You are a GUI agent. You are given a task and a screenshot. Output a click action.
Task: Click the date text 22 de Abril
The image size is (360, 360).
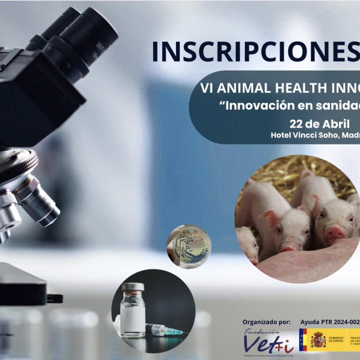pos(319,124)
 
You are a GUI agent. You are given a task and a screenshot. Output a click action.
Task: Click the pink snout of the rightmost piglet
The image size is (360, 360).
pos(335,233)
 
